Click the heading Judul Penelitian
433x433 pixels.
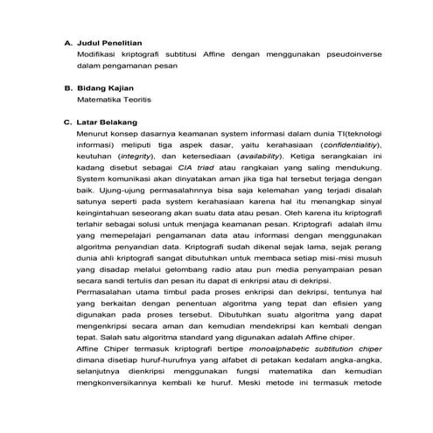109,41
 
